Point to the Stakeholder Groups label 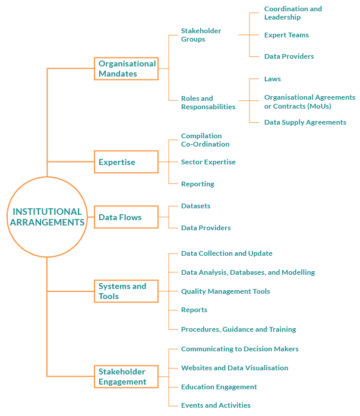(x=201, y=35)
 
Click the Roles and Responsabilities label (x=208, y=103)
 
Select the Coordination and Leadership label (x=293, y=13)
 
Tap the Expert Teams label (x=286, y=35)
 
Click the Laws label (x=273, y=79)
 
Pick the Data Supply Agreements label (x=305, y=122)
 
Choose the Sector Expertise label (x=208, y=162)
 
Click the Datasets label (x=195, y=206)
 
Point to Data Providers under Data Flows (x=206, y=228)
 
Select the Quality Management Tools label (x=225, y=291)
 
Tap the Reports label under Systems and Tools (x=194, y=310)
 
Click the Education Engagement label (x=219, y=387)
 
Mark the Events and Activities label (x=216, y=405)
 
